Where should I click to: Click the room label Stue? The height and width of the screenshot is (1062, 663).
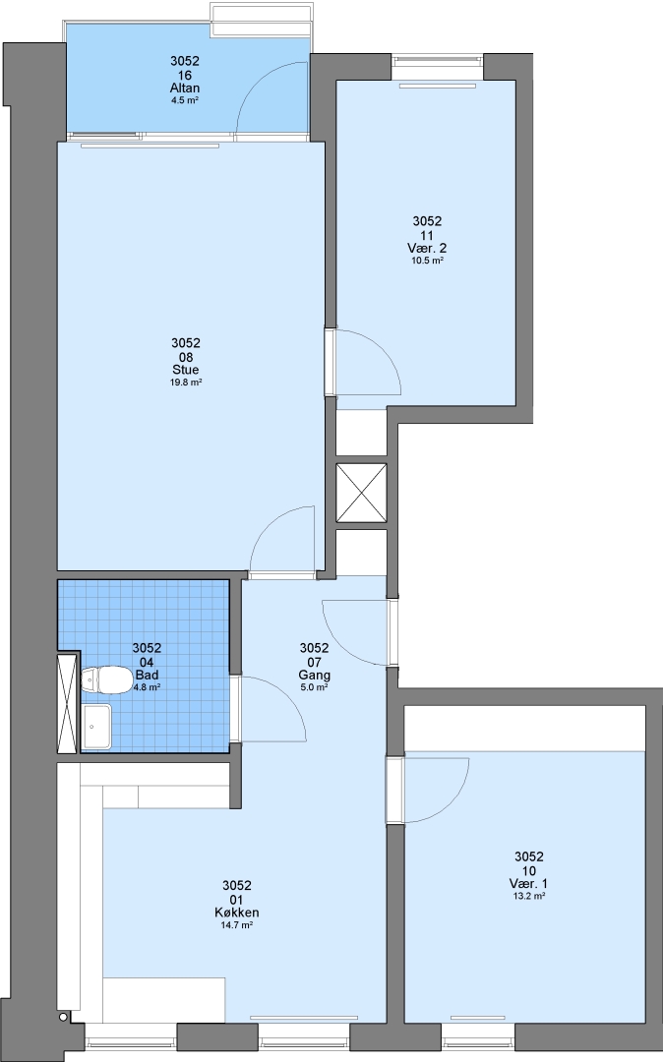click(x=186, y=370)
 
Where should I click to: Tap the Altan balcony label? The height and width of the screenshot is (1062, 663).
click(x=185, y=88)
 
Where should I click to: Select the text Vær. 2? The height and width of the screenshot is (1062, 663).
click(x=427, y=248)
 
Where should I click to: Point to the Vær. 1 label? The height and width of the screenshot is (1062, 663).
click(x=529, y=883)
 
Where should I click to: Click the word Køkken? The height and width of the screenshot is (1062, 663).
click(x=237, y=913)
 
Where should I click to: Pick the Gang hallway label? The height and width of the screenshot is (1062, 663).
click(x=314, y=676)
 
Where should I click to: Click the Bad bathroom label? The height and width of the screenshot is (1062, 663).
click(x=147, y=675)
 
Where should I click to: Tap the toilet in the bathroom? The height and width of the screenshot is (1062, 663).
click(x=106, y=680)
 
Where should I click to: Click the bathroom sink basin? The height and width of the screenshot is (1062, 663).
click(x=96, y=726)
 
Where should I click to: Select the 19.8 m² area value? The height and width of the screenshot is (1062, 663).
click(x=186, y=383)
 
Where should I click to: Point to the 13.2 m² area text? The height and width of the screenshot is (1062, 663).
click(x=529, y=896)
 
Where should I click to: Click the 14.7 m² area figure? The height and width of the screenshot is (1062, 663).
click(x=237, y=925)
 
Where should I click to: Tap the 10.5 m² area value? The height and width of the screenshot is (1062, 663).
click(x=427, y=261)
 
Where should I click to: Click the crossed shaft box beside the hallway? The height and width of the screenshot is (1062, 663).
click(x=362, y=493)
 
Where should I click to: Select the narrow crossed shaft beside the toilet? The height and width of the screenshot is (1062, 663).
click(x=68, y=703)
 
